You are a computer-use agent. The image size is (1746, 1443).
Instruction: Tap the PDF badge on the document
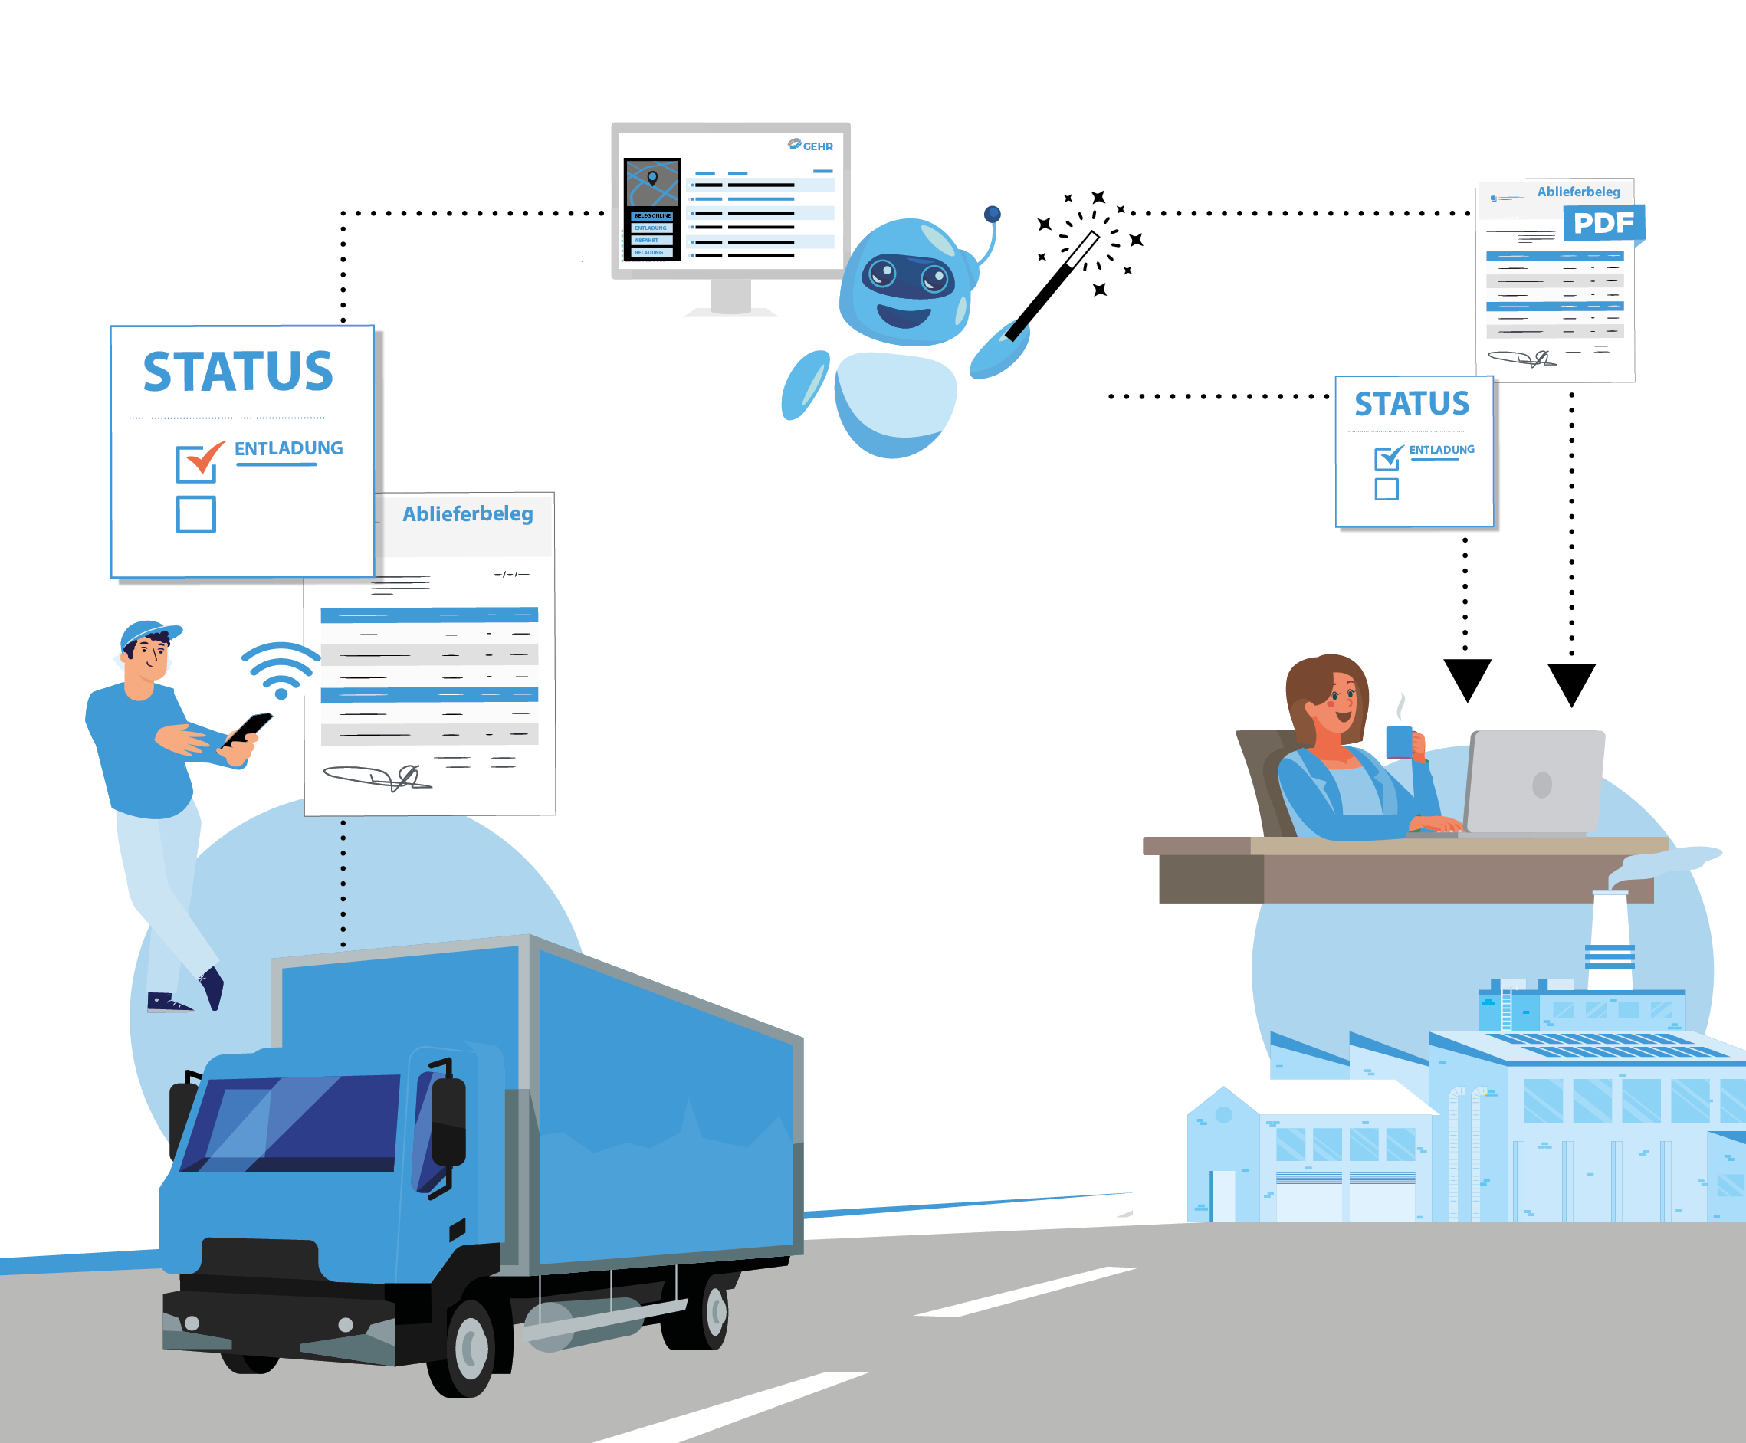click(1603, 223)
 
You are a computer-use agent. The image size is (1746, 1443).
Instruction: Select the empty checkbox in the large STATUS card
click(196, 513)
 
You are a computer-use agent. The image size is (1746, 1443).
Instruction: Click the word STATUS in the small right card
click(1412, 404)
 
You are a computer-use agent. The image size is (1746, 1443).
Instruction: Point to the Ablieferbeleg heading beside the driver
click(468, 513)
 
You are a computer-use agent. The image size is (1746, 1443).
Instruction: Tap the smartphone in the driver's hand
click(248, 728)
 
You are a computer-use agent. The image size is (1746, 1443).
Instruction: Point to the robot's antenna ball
click(992, 215)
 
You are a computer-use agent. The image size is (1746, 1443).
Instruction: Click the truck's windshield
click(291, 1122)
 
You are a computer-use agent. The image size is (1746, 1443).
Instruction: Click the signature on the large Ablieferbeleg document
click(379, 777)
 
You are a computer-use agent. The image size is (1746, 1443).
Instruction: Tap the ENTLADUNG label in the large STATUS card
click(288, 449)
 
